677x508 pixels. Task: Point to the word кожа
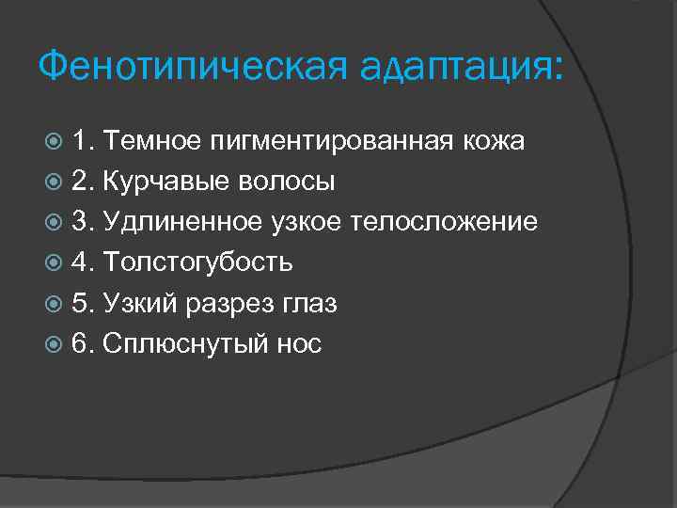(x=493, y=141)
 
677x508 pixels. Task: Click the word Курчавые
(x=163, y=182)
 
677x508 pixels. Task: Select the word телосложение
(x=445, y=222)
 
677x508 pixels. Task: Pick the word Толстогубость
(x=197, y=262)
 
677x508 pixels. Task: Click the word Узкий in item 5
(x=139, y=304)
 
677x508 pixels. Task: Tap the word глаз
(x=310, y=304)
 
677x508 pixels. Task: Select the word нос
(x=300, y=344)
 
